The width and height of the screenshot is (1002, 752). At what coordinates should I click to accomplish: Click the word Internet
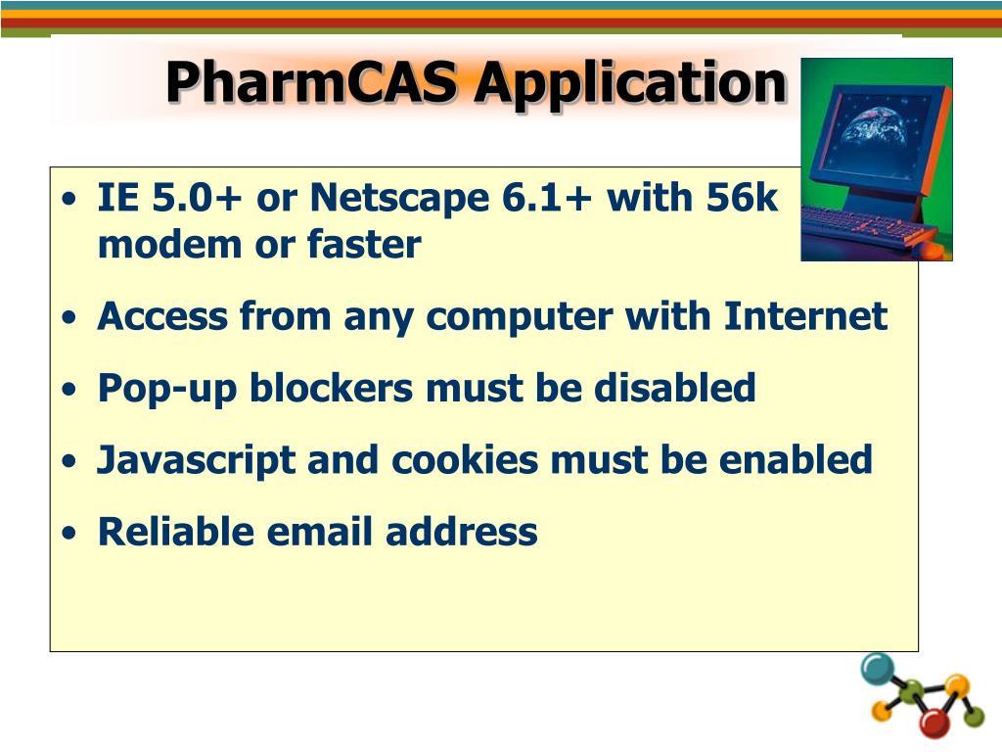point(805,316)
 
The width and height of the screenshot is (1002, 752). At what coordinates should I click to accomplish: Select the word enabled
point(796,459)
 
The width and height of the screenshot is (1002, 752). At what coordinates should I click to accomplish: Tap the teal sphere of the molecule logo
point(878,668)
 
